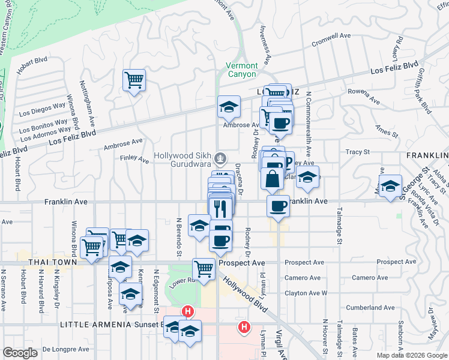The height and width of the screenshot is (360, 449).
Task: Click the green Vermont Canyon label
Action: (x=242, y=70)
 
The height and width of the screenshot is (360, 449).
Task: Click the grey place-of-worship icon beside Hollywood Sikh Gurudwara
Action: (x=221, y=158)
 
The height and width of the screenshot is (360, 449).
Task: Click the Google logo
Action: (x=20, y=352)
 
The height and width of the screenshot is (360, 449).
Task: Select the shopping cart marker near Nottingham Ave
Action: (x=134, y=79)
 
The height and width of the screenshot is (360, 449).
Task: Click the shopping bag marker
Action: (x=272, y=178)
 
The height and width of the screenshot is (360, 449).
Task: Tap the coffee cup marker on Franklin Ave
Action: (x=278, y=206)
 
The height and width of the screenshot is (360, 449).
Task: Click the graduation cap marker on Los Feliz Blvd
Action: (x=229, y=106)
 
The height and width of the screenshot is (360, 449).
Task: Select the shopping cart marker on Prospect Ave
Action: (x=203, y=268)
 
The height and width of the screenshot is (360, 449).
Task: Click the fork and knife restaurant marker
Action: (x=220, y=208)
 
